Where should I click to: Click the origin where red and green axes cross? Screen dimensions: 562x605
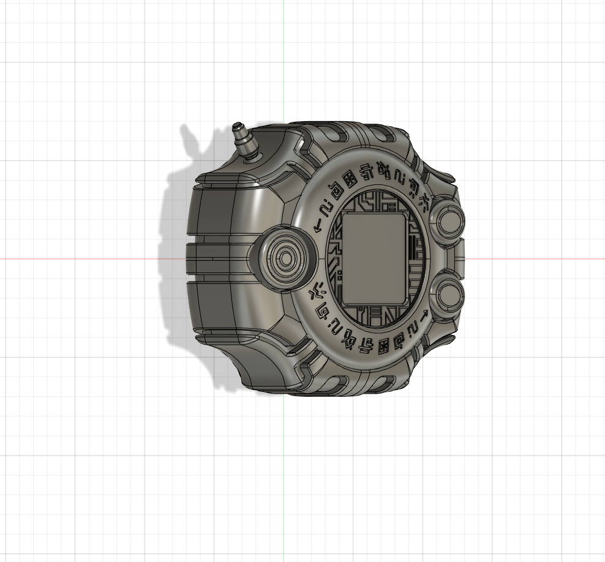click(284, 258)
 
